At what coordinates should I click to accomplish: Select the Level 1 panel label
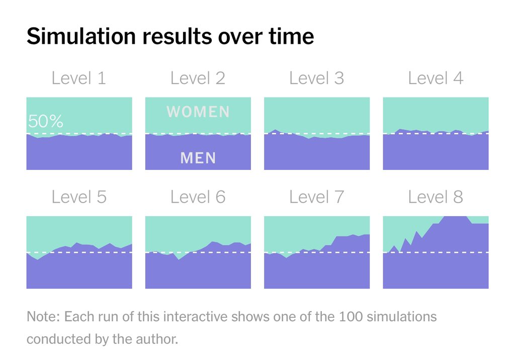79,78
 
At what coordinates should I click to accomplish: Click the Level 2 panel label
198,78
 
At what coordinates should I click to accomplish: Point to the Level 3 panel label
316,78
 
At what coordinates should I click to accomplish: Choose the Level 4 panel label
436,78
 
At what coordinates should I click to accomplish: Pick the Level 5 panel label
79,197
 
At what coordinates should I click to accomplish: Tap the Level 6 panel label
198,197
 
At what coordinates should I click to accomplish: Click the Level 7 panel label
316,197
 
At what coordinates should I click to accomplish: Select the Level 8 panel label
436,197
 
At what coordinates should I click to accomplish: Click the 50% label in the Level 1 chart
46,122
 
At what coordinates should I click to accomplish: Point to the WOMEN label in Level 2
198,112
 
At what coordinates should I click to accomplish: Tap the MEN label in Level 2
198,158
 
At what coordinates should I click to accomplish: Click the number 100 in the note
354,317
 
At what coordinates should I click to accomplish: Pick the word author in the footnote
160,339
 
